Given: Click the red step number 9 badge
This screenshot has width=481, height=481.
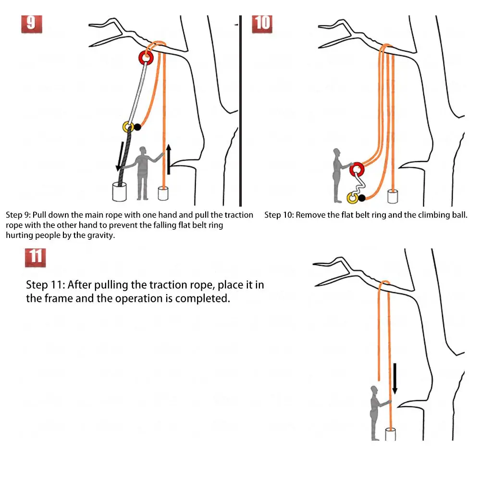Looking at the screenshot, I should [x=31, y=23].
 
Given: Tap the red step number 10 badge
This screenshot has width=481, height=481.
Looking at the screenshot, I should [x=262, y=23].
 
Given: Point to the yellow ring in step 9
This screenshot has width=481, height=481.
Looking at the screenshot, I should [x=128, y=127].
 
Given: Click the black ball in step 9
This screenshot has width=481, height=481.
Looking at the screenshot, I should [x=138, y=127].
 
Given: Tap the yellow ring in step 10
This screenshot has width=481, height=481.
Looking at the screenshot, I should [x=352, y=197].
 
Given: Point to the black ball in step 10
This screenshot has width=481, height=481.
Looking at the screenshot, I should [x=362, y=197].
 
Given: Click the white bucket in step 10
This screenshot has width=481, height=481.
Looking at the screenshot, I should [x=394, y=196].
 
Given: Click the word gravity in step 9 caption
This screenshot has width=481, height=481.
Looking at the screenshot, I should [x=100, y=235].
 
